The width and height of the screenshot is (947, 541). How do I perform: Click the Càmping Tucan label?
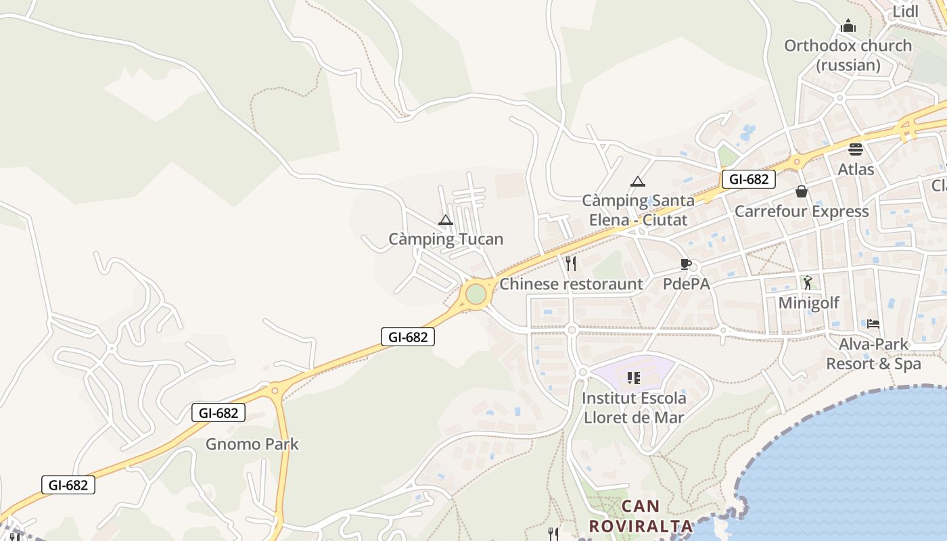pyautogui.click(x=446, y=239)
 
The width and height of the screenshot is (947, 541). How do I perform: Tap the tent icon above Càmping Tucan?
pyautogui.click(x=445, y=220)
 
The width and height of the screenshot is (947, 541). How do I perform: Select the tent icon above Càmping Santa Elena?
pyautogui.click(x=637, y=181)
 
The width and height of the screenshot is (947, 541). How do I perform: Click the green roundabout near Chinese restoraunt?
pyautogui.click(x=476, y=294)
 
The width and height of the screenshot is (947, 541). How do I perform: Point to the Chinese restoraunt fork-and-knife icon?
pyautogui.click(x=571, y=264)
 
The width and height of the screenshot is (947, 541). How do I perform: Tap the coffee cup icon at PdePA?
pyautogui.click(x=686, y=264)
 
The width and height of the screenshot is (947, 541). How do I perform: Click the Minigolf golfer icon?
pyautogui.click(x=807, y=282)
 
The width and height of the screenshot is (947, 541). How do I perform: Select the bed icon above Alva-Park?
pyautogui.click(x=873, y=324)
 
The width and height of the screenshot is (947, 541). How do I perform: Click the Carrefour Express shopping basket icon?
pyautogui.click(x=802, y=191)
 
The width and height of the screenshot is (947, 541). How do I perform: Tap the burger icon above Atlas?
pyautogui.click(x=856, y=149)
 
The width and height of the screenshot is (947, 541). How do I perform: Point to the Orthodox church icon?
pyautogui.click(x=848, y=26)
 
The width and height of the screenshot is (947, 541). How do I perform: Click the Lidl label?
pyautogui.click(x=906, y=11)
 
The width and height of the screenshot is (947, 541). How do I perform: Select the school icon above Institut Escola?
pyautogui.click(x=633, y=377)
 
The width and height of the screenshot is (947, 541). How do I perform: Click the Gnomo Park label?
pyautogui.click(x=252, y=444)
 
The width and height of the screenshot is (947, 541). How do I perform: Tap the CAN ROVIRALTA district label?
pyautogui.click(x=641, y=516)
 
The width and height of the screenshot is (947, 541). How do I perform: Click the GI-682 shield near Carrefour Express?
pyautogui.click(x=748, y=179)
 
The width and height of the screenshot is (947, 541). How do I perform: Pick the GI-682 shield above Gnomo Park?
pyautogui.click(x=218, y=413)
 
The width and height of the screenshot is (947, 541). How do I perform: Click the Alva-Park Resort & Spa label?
pyautogui.click(x=873, y=354)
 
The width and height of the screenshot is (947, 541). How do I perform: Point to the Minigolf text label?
pyautogui.click(x=808, y=302)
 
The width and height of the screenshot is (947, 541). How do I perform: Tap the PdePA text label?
pyautogui.click(x=686, y=284)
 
